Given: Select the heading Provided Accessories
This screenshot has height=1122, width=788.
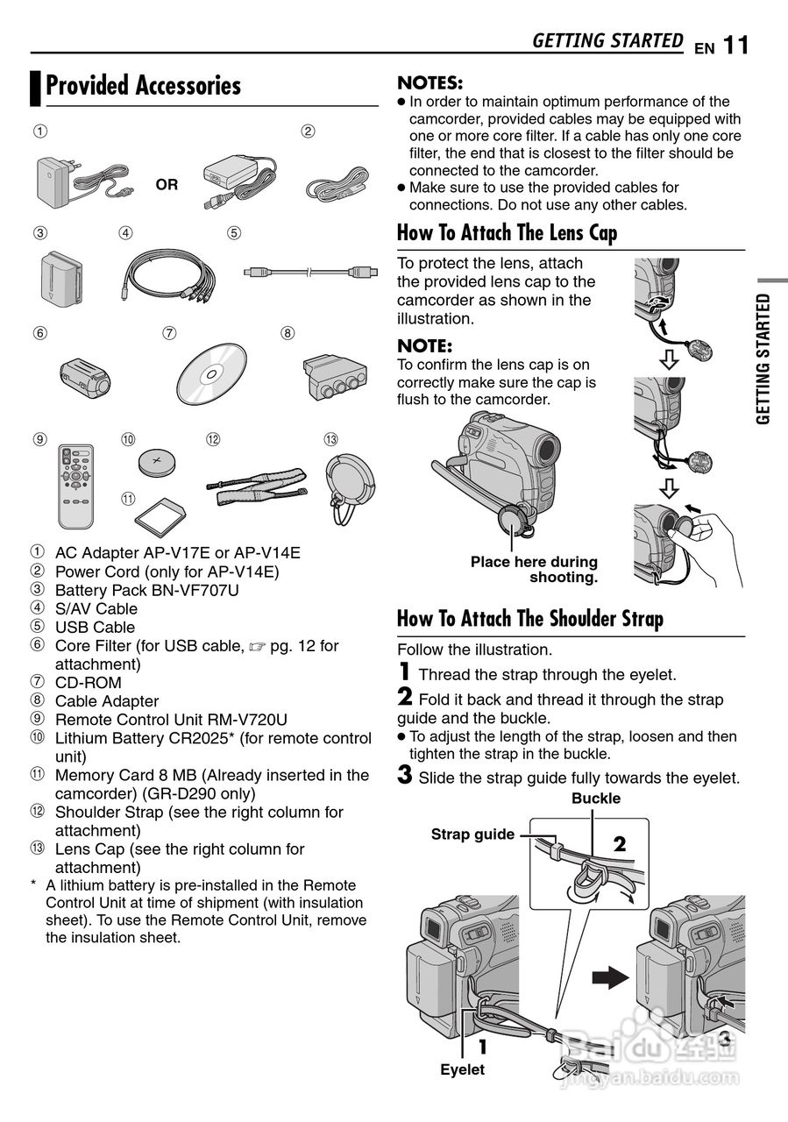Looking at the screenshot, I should pos(143,86).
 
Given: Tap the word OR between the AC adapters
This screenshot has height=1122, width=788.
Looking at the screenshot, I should pos(167,185).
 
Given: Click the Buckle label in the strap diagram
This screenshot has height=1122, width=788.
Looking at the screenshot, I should pos(596,799).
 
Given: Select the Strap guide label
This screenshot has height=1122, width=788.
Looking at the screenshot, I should pos(472,834).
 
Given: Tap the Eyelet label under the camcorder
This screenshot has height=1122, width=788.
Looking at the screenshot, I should pos(462,1069).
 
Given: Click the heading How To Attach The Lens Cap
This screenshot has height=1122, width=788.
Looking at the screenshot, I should pos(507,233).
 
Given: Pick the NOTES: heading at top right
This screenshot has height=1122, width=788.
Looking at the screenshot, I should pos(430,83).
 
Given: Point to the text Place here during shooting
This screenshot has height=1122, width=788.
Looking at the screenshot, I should pos(534,570).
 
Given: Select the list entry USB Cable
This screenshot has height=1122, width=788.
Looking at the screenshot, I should pos(95,628).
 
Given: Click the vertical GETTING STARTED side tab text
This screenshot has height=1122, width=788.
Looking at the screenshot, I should pos(763,359).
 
